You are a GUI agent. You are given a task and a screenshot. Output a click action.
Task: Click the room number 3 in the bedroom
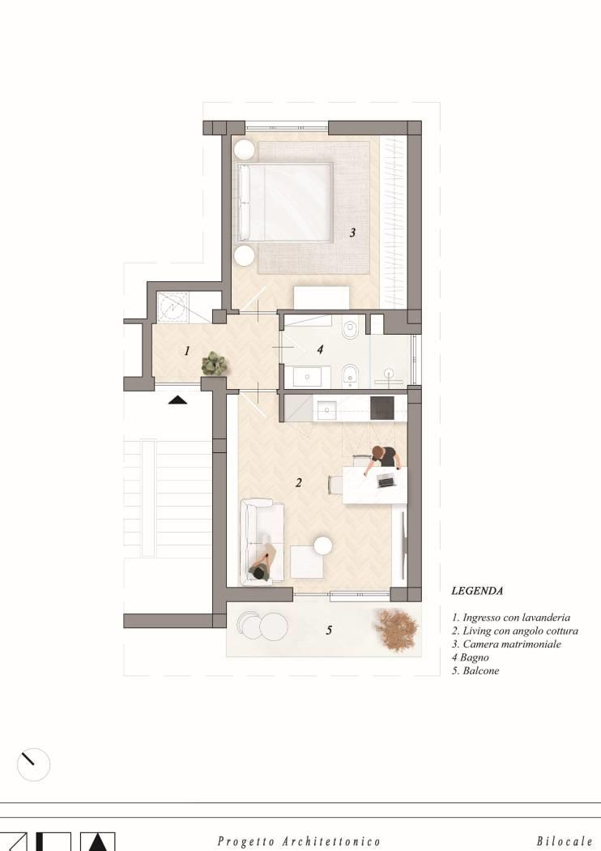tap(352, 233)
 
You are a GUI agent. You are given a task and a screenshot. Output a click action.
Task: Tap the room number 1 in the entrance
tap(187, 351)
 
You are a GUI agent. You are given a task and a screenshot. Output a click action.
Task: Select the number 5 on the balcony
tap(329, 630)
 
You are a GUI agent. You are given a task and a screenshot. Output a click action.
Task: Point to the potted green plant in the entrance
tap(215, 364)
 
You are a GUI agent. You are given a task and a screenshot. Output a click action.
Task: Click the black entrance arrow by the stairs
tap(177, 400)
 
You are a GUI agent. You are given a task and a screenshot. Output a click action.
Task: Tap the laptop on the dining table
tap(386, 481)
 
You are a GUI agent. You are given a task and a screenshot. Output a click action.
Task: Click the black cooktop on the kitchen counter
tap(381, 408)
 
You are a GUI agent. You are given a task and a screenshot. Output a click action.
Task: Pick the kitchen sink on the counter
tap(326, 410)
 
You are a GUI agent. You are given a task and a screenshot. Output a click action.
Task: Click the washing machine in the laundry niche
tap(173, 306)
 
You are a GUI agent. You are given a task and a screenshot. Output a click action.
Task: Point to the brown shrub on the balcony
tap(397, 628)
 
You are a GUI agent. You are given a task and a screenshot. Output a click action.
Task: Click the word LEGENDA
tap(477, 591)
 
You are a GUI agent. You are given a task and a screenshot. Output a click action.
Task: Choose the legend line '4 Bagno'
tap(471, 657)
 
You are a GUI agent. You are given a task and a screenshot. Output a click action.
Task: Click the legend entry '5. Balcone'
tap(475, 671)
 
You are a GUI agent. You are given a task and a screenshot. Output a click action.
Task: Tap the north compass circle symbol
tap(34, 764)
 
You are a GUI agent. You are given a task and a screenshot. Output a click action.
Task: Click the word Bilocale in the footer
tap(565, 841)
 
